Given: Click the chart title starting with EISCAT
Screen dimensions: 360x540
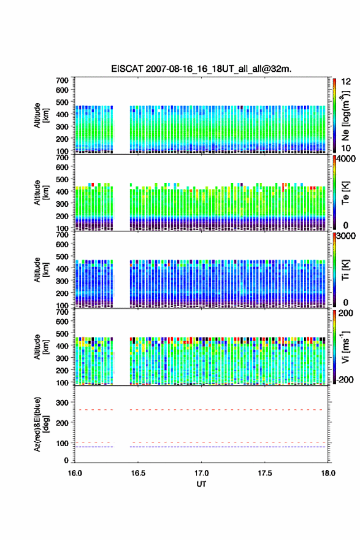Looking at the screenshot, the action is pos(201,69).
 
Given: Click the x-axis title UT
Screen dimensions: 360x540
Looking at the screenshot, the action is pos(201,484).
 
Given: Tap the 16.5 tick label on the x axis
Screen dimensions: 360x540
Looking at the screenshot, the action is pos(138,473).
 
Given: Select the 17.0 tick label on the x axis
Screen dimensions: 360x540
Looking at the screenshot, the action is pos(201,473).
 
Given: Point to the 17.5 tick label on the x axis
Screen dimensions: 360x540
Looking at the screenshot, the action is pos(265,473).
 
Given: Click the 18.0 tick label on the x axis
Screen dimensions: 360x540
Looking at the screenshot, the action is pos(328,473).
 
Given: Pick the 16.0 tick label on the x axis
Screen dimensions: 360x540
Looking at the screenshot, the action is pos(75,473).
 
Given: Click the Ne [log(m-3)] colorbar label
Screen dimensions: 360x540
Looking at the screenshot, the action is pos(346,116).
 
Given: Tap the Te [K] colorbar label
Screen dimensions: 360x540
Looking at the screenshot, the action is pos(345,193).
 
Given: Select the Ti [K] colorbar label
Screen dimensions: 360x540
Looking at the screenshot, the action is pos(345,269).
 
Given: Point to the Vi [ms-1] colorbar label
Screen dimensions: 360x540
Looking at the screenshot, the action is pos(345,347).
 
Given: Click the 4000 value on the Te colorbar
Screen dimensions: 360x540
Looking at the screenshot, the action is pos(346,159).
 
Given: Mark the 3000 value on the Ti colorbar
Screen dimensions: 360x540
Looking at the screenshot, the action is pos(346,236).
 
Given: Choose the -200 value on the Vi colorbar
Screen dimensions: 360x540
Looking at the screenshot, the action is pos(345,379).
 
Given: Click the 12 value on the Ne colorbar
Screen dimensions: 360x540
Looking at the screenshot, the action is pos(346,82).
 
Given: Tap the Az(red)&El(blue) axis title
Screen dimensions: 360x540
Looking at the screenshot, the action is pos(40,424).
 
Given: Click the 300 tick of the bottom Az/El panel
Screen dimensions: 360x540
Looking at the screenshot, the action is pos(63,403).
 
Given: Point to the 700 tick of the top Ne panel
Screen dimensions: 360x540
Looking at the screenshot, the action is pos(63,80).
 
